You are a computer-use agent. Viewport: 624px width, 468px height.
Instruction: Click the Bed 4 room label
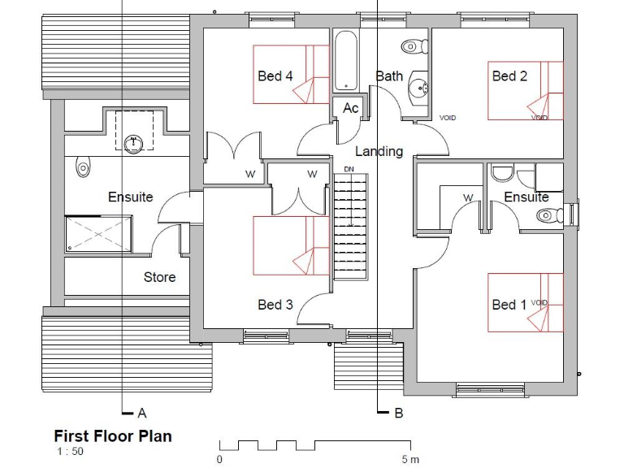[275, 76]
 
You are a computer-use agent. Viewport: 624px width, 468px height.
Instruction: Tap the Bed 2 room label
[509, 76]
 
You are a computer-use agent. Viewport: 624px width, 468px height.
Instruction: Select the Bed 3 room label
[275, 305]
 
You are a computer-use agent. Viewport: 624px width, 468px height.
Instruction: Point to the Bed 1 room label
[509, 305]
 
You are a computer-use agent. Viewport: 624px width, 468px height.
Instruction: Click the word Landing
[379, 151]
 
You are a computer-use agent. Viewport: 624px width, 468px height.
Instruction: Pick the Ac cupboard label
[350, 108]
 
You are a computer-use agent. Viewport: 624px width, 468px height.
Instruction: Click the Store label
[159, 277]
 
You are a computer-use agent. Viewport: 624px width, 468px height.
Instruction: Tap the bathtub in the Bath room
[346, 60]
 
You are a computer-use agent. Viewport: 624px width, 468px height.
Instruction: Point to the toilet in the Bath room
[413, 47]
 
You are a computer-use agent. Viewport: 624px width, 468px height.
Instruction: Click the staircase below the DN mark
[349, 227]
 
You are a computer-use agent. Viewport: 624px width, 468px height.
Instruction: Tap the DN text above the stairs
[349, 169]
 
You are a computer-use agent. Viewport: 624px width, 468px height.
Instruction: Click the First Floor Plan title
[113, 436]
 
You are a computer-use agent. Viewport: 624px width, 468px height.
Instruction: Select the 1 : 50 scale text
[69, 452]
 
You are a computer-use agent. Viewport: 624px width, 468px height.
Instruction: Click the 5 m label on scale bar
[410, 460]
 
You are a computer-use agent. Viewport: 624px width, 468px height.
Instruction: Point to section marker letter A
[141, 413]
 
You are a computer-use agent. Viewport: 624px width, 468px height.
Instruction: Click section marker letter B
[398, 414]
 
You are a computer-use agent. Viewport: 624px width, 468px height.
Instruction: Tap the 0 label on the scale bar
[219, 460]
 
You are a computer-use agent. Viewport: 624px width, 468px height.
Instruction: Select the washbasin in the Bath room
[418, 87]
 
